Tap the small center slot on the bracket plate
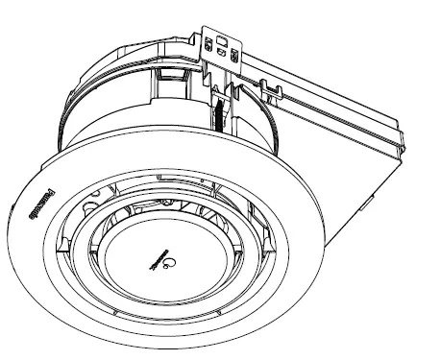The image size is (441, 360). (x=221, y=54)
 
